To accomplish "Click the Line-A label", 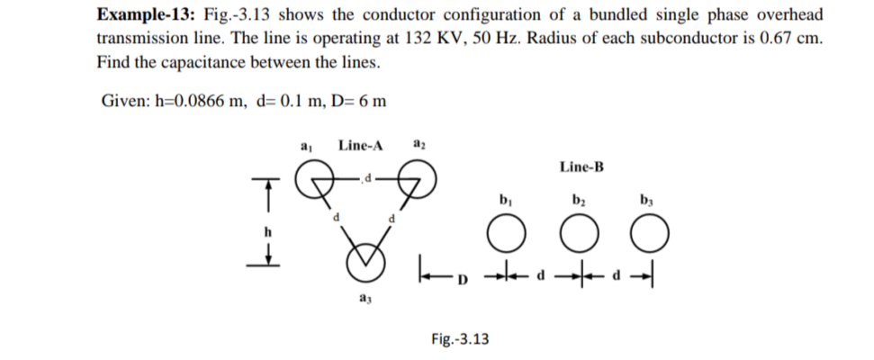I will coord(360,145).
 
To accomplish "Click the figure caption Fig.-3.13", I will coord(460,339).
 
